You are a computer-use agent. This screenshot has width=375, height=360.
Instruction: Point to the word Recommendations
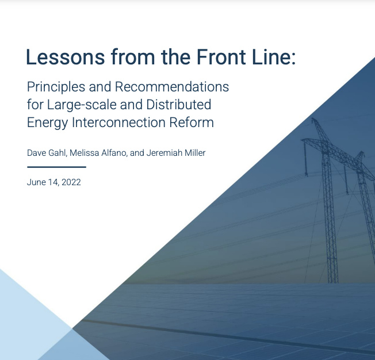172,87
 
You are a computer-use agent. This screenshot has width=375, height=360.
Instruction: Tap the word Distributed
178,105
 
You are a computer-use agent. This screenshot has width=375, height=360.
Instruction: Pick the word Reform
193,122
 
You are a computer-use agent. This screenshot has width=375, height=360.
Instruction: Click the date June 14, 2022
53,182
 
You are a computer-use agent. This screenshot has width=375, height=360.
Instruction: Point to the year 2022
71,182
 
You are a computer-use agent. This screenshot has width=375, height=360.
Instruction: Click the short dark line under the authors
56,167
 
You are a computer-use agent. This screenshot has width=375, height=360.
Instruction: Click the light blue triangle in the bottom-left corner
23,322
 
